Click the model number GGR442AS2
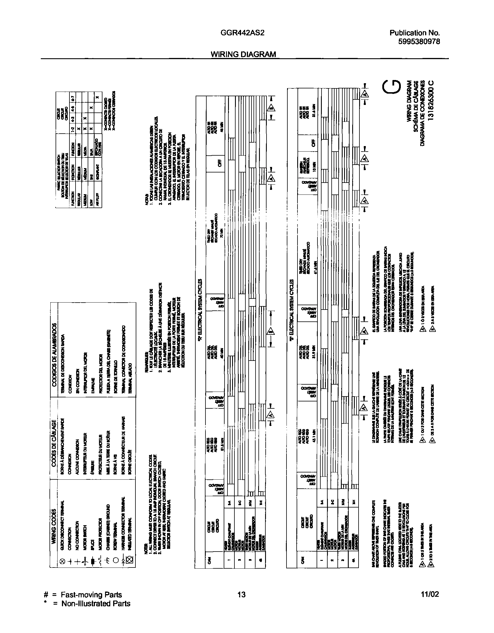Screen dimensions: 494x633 point(243,33)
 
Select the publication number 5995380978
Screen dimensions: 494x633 point(419,41)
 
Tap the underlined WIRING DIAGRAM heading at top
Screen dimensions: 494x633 point(243,54)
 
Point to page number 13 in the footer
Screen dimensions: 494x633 point(241,595)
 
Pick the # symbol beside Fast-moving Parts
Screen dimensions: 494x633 point(45,595)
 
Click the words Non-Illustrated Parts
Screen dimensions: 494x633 point(96,604)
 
